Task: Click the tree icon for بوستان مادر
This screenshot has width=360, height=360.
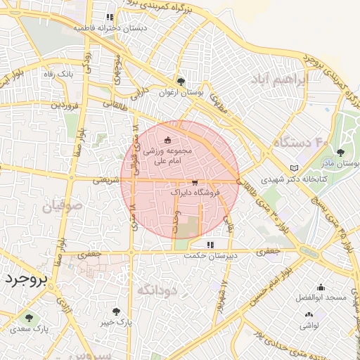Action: click(341, 152)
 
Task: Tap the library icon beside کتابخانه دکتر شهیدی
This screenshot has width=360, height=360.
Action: click(294, 168)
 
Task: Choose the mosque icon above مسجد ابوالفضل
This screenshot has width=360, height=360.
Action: click(321, 287)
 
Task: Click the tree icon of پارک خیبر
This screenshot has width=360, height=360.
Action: click(116, 311)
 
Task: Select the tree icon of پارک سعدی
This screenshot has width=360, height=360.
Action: click(29, 318)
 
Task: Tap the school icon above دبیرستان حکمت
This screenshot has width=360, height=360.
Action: click(210, 245)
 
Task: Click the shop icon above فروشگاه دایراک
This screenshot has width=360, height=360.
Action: click(194, 182)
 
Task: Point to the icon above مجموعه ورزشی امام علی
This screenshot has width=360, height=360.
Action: click(167, 141)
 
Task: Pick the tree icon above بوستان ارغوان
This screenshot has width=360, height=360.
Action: click(182, 82)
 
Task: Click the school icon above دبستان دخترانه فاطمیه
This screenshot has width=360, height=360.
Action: click(109, 17)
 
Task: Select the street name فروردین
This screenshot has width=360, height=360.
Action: click(63, 105)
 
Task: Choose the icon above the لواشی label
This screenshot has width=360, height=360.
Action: click(307, 315)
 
